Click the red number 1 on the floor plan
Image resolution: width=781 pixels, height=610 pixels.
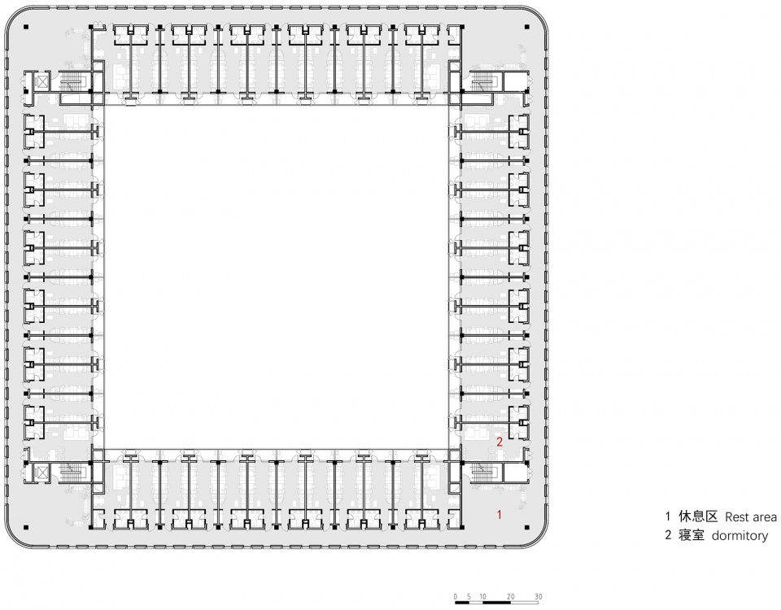[500, 514]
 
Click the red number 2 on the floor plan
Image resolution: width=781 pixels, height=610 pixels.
[500, 441]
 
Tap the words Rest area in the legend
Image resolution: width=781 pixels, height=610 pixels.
[751, 517]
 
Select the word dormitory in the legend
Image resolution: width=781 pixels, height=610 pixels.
[740, 536]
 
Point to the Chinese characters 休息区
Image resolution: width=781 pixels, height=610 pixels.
[698, 516]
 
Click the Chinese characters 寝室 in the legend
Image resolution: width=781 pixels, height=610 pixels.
[692, 535]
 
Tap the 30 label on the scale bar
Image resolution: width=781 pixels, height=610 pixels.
[539, 596]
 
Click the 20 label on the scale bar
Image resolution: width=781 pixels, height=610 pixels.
[511, 596]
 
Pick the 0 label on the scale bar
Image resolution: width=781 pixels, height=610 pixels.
[456, 596]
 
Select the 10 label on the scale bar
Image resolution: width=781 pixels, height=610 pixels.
[482, 596]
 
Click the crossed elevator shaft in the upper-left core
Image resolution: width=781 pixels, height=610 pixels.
[43, 81]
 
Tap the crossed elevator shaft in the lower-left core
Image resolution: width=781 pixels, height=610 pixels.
[43, 472]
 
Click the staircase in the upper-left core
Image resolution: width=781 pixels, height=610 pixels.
[74, 81]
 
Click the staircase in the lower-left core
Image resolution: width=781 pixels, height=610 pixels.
[74, 472]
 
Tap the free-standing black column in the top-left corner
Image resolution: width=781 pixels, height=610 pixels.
[26, 27]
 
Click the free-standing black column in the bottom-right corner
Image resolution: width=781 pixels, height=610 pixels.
[527, 527]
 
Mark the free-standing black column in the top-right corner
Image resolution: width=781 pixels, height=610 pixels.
[527, 27]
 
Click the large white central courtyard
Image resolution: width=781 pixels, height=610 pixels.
[277, 277]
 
